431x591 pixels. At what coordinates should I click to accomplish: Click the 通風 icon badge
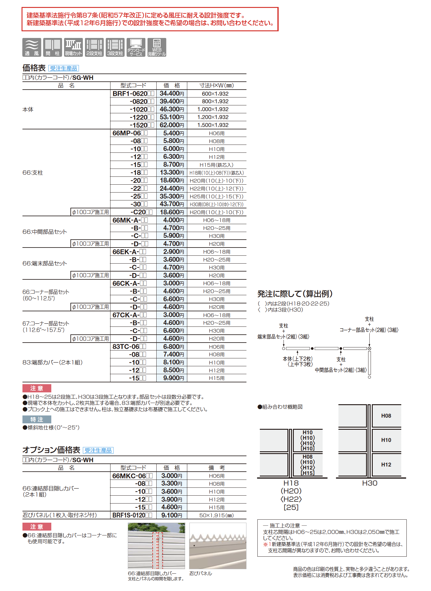(32, 47)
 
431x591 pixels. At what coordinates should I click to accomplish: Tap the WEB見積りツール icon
(157, 47)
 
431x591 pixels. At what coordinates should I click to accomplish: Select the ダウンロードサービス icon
(136, 47)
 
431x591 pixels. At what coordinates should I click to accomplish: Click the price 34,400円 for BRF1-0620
(171, 94)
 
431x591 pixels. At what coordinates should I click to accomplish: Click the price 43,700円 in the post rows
(171, 204)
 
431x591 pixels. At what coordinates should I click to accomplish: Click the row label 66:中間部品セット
(45, 232)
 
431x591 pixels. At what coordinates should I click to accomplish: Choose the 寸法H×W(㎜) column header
(216, 86)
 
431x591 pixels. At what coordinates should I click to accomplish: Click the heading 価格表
(34, 68)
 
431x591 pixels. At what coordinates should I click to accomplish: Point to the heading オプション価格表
(51, 450)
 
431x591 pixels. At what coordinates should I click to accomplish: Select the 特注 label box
(37, 420)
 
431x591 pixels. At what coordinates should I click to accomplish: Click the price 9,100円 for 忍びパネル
(171, 515)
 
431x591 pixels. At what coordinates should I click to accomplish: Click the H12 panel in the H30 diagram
(386, 465)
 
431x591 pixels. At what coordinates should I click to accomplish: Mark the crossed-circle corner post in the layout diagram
(369, 349)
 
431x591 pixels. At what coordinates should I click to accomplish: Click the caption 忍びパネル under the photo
(201, 573)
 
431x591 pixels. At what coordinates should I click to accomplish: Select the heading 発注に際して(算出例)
(295, 294)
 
